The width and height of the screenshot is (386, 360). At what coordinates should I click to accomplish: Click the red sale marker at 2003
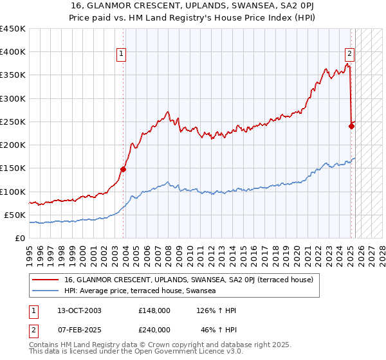[123, 169]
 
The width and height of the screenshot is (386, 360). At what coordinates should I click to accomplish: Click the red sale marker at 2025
[351, 126]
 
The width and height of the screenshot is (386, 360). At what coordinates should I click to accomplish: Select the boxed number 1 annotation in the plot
[122, 54]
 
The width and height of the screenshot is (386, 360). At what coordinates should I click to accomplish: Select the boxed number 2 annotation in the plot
[349, 54]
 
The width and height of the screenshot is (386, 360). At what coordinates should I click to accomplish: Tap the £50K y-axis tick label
[15, 215]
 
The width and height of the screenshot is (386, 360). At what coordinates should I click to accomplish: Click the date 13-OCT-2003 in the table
[79, 310]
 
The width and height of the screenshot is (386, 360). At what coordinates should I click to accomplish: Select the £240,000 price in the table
[154, 329]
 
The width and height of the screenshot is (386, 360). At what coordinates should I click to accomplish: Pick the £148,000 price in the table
[154, 310]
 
